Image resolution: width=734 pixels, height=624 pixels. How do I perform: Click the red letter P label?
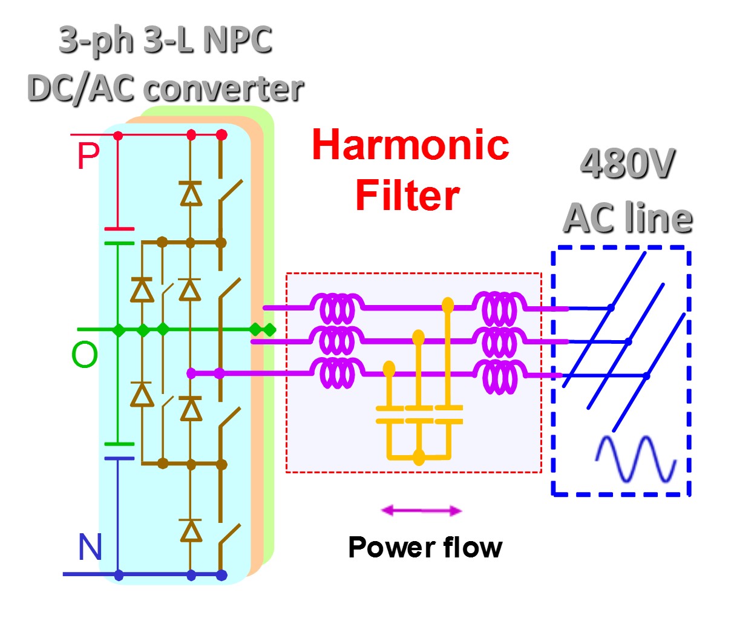click(88, 156)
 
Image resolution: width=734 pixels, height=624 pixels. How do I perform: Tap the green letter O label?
click(85, 355)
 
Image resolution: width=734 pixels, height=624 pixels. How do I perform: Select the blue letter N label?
click(90, 547)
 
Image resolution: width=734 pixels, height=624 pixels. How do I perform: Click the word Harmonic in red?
click(410, 145)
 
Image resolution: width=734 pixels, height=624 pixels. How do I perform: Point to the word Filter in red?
click(407, 195)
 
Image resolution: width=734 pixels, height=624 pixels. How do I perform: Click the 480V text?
click(627, 163)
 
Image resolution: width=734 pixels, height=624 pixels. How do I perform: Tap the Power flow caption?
click(425, 547)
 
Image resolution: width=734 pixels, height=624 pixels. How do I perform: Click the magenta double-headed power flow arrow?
click(421, 511)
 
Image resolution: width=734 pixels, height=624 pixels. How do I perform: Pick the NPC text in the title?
click(237, 41)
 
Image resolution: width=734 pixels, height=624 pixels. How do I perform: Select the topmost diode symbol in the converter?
click(191, 193)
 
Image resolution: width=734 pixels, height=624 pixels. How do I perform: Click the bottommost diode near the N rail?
click(191, 530)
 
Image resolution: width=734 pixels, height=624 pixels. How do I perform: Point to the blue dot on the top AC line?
click(611, 308)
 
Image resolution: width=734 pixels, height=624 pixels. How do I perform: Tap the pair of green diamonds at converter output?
click(263, 330)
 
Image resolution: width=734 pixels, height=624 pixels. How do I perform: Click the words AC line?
click(628, 218)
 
